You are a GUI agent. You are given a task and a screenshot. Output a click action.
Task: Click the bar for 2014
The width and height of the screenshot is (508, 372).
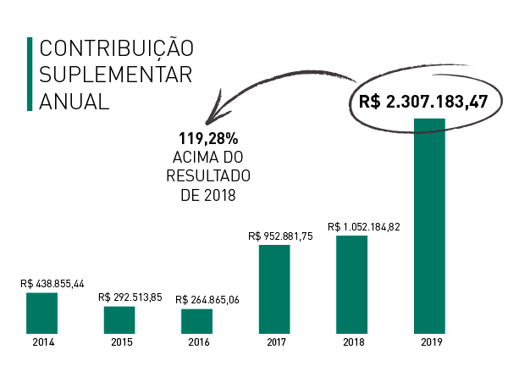[41, 313]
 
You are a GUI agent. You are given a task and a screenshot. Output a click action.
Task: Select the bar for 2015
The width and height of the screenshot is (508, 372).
[119, 319]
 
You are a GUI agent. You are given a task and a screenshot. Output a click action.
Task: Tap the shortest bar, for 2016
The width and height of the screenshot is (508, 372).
[196, 320]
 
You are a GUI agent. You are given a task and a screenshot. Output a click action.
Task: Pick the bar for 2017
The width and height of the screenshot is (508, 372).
[274, 289]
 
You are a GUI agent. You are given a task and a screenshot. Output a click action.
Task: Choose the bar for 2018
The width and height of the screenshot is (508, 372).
[351, 284]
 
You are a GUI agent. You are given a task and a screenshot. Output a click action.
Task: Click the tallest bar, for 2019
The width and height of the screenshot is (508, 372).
[429, 225]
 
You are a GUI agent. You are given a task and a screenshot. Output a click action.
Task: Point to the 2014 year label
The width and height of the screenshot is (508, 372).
[41, 342]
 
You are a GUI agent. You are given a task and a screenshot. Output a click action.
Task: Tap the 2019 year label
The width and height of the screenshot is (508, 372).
[429, 342]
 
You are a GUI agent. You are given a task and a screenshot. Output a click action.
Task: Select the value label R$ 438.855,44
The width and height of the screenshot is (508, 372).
[52, 284]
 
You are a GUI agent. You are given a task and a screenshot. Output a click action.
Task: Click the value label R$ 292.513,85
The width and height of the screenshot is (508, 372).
[130, 297]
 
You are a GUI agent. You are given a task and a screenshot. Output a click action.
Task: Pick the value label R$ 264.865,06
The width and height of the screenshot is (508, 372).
[207, 300]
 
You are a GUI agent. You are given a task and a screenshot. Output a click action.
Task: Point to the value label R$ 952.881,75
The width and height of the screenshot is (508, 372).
[281, 236]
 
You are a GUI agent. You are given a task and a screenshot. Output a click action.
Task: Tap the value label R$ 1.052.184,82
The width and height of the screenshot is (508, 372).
[364, 227]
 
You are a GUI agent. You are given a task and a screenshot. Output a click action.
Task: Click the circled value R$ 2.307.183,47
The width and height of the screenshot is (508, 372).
[423, 102]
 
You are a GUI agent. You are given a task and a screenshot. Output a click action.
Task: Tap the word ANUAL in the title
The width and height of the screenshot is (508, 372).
[75, 100]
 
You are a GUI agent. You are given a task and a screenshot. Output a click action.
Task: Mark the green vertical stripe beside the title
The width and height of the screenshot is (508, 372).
[30, 74]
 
